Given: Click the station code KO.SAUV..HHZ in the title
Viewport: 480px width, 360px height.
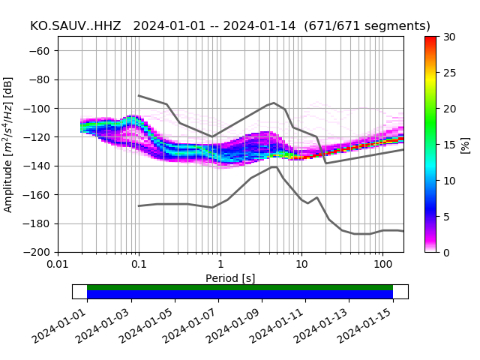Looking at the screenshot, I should click(x=76, y=26).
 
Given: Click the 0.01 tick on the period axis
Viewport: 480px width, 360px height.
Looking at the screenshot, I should click(x=58, y=265).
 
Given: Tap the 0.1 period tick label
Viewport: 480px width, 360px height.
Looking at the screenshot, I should click(x=139, y=265).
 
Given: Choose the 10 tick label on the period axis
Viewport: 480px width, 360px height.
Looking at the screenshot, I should click(x=301, y=265).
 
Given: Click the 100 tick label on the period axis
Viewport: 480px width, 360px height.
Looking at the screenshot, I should click(x=382, y=265).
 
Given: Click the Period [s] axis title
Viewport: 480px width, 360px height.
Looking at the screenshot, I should click(x=230, y=278).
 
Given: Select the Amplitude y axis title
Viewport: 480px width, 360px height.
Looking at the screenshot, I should click(x=8, y=144).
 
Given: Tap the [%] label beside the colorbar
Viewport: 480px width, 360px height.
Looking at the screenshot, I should click(x=466, y=144).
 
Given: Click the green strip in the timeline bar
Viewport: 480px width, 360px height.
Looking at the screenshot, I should click(x=240, y=287).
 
